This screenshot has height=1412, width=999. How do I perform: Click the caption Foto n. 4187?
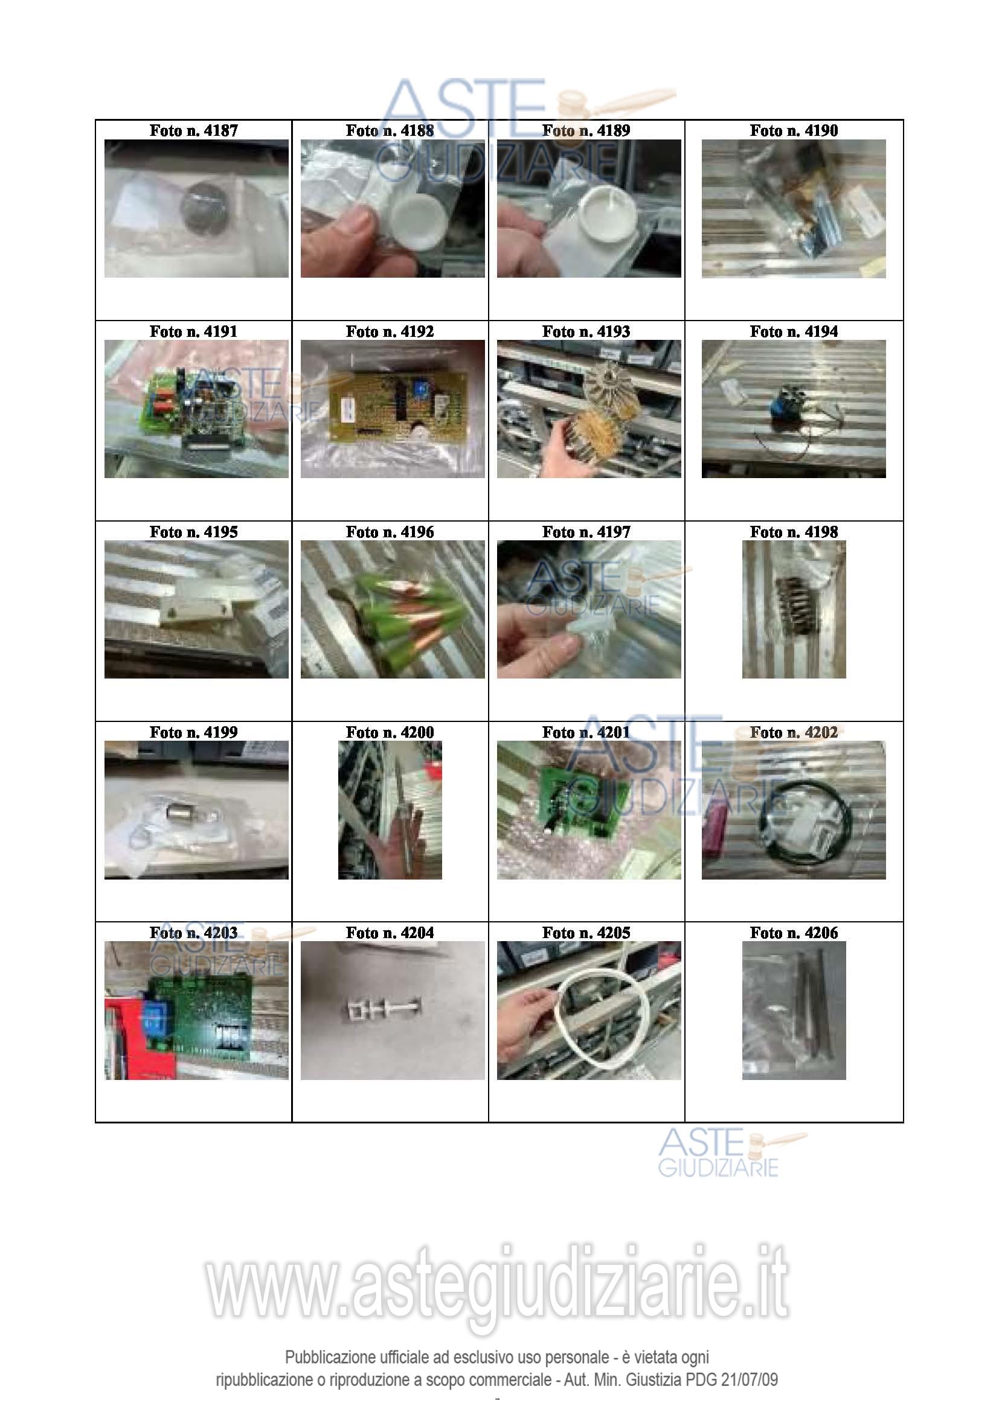[x=193, y=130]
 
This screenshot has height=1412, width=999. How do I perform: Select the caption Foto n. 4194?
[x=794, y=331]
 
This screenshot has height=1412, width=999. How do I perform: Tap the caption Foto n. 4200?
[x=390, y=732]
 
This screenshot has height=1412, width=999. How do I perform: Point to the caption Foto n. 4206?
[x=794, y=932]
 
